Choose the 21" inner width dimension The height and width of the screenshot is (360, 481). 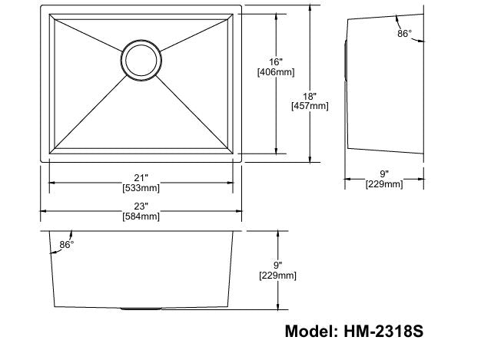(x=141, y=177)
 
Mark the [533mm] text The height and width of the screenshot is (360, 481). (x=141, y=187)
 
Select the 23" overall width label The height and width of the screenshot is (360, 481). (x=141, y=205)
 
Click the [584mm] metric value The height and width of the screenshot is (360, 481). (x=141, y=216)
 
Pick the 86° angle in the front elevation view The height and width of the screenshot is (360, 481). (x=66, y=245)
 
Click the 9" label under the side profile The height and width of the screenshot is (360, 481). (x=383, y=173)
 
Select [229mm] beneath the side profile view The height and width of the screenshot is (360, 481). (x=383, y=184)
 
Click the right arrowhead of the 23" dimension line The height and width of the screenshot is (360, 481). (x=239, y=210)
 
